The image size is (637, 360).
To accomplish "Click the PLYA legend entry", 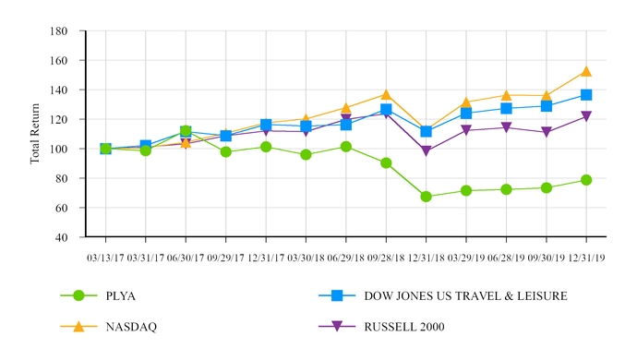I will tap(124, 295).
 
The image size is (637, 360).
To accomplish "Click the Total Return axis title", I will tap(37, 133).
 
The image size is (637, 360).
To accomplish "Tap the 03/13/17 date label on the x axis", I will tap(105, 258).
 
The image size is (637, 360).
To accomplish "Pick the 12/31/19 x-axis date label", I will tap(586, 258).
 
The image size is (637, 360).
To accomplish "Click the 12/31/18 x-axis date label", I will tap(426, 258).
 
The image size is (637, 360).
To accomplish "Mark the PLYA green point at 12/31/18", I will tap(426, 197).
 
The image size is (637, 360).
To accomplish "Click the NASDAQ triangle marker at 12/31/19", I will tap(586, 71).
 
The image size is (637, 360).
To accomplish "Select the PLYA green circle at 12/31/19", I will tap(586, 180).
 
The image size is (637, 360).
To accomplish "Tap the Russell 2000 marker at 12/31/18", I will tap(426, 151).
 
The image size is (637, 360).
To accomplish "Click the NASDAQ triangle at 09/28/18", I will tap(386, 94).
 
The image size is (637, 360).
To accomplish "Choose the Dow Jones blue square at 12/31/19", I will tap(586, 95).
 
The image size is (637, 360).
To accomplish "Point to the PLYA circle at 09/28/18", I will tap(386, 162).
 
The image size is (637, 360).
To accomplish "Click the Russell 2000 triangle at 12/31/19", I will tap(586, 116).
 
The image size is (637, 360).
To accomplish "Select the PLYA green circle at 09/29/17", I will tap(225, 151).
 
